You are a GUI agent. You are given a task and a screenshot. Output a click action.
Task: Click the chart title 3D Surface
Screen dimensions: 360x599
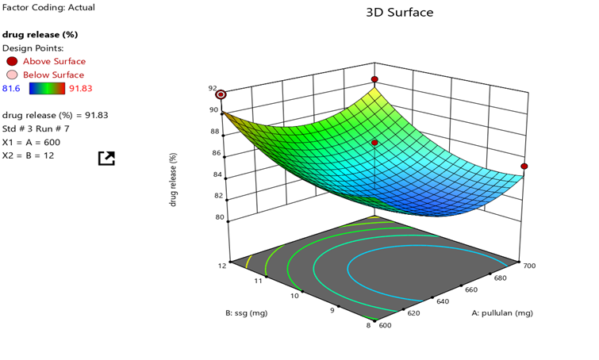pos(399,13)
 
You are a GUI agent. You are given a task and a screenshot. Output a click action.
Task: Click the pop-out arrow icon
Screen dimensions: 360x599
pos(106,158)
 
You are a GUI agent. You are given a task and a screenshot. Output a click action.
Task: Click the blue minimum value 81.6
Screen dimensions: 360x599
pos(11,88)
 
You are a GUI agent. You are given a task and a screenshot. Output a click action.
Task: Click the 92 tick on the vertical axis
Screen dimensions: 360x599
pos(213,89)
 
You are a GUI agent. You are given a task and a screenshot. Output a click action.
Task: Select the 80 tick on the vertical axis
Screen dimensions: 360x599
pos(213,217)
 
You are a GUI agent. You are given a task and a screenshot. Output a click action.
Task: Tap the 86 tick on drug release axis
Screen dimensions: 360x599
pos(213,153)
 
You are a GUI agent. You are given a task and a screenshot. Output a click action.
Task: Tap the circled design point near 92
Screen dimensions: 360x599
pos(221,94)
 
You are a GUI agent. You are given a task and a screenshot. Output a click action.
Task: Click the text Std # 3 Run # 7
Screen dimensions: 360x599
pos(36,128)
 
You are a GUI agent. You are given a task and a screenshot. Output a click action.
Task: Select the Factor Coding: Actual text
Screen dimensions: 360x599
pos(48,7)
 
